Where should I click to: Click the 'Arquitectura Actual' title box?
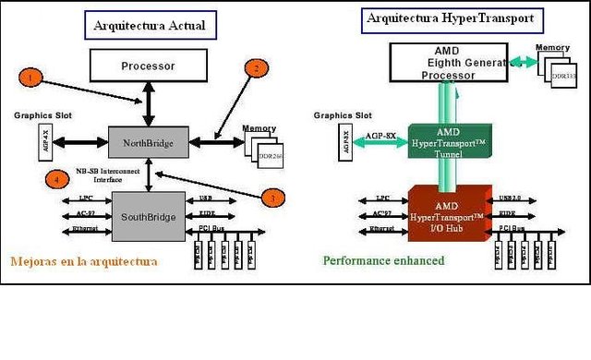tap(150, 25)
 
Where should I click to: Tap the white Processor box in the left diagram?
tap(148, 66)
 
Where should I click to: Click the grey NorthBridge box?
tap(148, 143)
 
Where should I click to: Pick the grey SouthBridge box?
tap(148, 217)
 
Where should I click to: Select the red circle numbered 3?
tap(271, 197)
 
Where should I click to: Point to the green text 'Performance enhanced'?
tap(383, 261)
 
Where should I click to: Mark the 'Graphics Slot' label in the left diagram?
tap(41, 116)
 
